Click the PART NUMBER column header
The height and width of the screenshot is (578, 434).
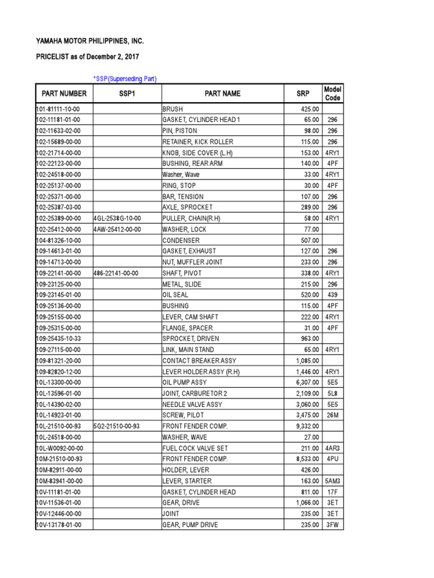(x=64, y=94)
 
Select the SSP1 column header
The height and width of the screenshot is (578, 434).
(x=127, y=94)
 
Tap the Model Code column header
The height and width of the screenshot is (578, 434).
(x=332, y=94)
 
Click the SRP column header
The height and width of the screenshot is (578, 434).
(x=303, y=94)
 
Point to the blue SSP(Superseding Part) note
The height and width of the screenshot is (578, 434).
(x=125, y=78)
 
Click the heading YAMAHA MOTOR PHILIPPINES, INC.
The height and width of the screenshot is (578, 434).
(x=90, y=42)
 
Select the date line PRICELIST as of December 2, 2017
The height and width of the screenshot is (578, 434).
(x=86, y=57)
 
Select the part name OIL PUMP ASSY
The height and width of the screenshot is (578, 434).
(x=185, y=383)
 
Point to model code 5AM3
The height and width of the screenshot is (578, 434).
(x=332, y=481)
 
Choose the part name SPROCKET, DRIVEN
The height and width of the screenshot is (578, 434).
(x=190, y=339)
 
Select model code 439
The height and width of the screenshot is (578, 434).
(x=332, y=295)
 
